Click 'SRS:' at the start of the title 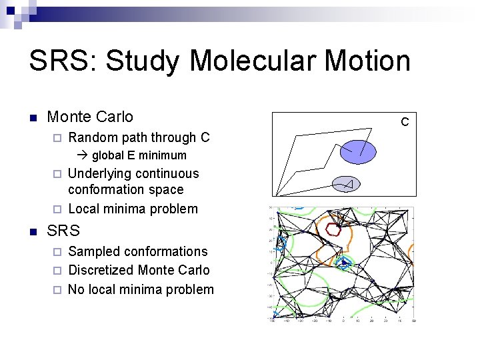[x=63, y=61]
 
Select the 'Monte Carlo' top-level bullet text [x=90, y=117]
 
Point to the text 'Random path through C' [x=139, y=137]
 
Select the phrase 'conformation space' [x=125, y=190]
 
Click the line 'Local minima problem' [x=133, y=209]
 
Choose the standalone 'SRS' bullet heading [x=63, y=231]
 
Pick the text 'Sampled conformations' [x=137, y=251]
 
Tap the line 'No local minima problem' [x=141, y=289]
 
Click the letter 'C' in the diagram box [x=404, y=122]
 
